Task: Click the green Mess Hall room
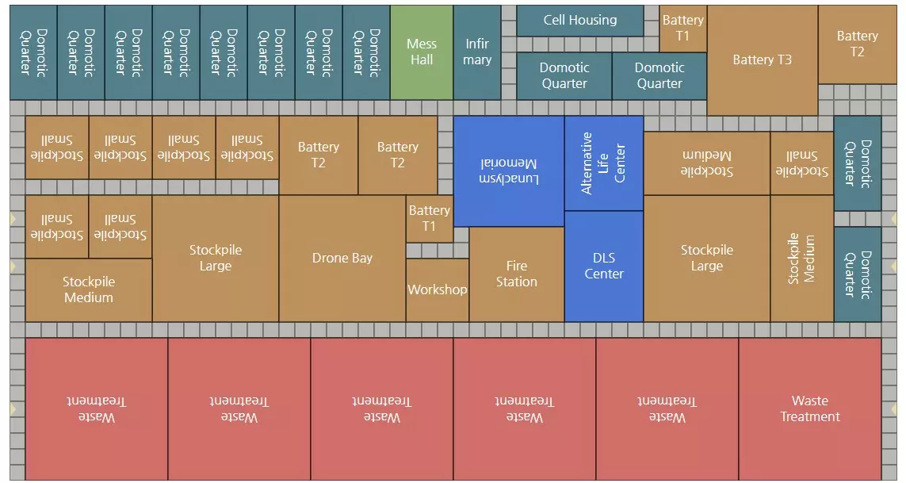[422, 52]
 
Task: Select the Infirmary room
[477, 52]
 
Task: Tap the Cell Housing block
[580, 21]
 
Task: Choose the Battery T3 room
[762, 60]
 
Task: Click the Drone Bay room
[342, 259]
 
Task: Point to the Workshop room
[438, 289]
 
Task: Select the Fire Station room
[517, 274]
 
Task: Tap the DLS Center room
[604, 266]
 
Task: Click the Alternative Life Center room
[604, 163]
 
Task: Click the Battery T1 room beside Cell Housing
[683, 29]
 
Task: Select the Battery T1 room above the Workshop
[430, 219]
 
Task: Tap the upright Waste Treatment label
[809, 409]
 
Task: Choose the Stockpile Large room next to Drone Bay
[216, 259]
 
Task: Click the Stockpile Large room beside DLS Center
[706, 259]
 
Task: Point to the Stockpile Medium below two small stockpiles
[89, 290]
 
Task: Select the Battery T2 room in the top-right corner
[857, 44]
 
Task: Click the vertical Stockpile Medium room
[801, 259]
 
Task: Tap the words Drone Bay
[342, 259]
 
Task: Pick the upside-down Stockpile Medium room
[706, 163]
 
